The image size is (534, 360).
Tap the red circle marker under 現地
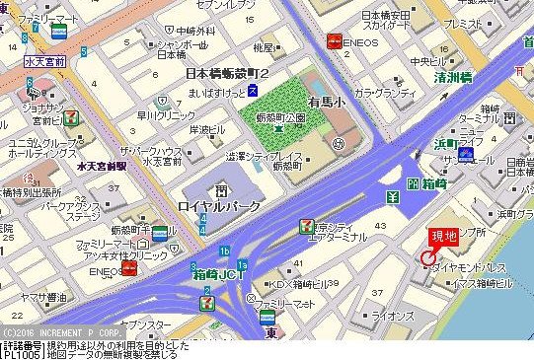point(426,257)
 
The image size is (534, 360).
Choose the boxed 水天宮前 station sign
point(44,61)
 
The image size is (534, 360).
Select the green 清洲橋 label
point(458,76)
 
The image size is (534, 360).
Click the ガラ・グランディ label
point(386,94)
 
